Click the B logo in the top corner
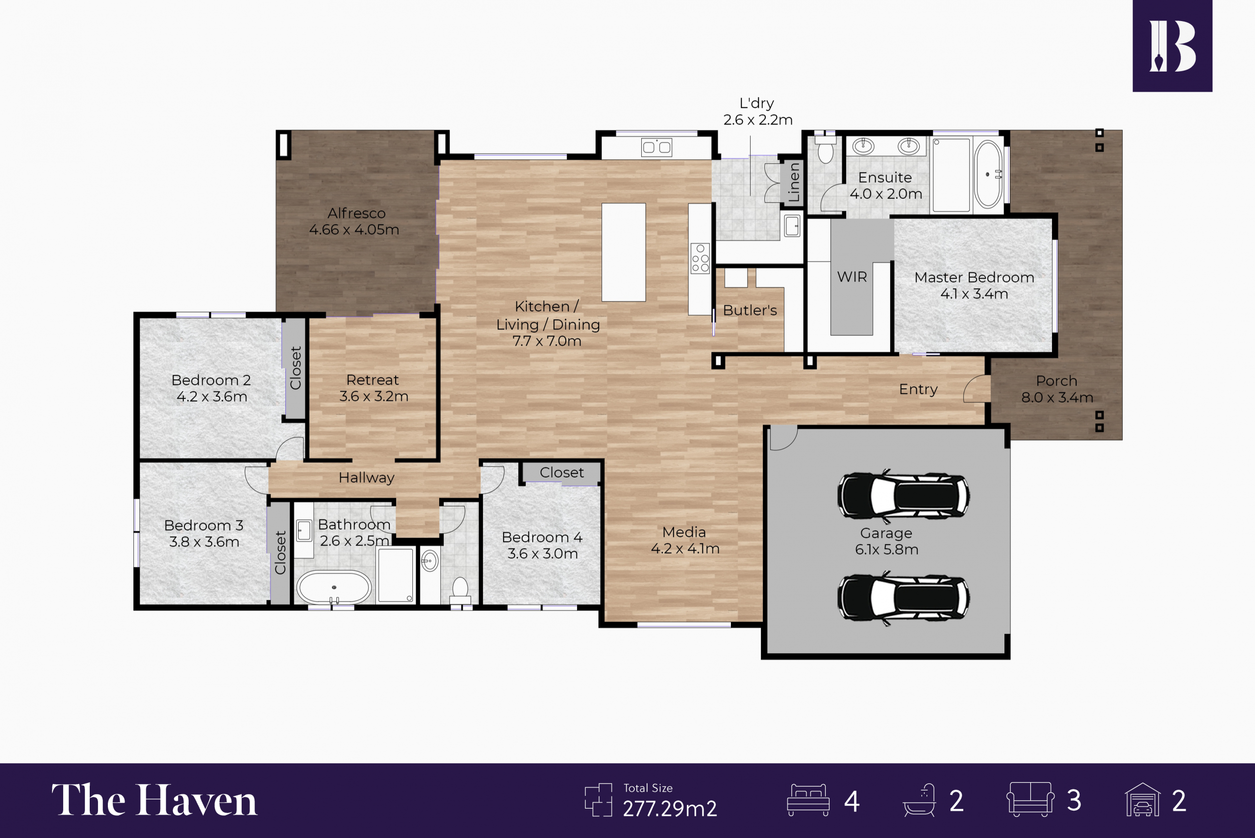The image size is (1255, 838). (1172, 46)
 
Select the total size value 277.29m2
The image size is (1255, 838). (670, 809)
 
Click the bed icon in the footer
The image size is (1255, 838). (808, 800)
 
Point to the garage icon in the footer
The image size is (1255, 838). (1143, 800)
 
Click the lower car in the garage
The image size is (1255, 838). (904, 598)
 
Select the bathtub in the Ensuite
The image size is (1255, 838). (988, 174)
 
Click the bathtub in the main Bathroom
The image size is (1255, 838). (334, 588)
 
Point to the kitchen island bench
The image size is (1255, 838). (624, 252)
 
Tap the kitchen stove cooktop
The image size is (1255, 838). (700, 259)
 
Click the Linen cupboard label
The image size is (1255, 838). (794, 182)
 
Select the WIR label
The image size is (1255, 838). (852, 277)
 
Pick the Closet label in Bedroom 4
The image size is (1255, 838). (561, 472)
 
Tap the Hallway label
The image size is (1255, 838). (367, 477)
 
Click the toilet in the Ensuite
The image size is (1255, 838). (826, 149)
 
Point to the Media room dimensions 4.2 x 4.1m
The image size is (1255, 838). (685, 548)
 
